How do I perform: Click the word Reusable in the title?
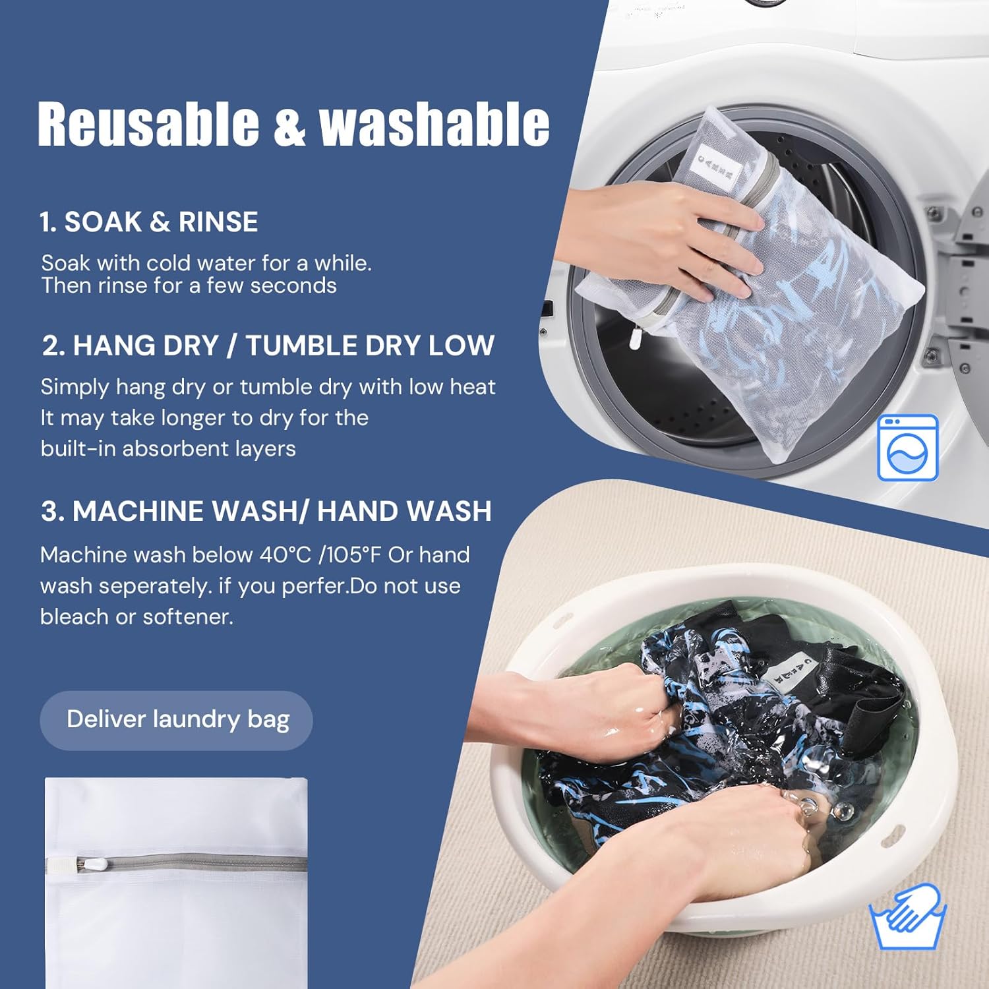point(148,124)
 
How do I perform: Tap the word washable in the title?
point(434,124)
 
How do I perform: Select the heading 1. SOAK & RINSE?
point(148,222)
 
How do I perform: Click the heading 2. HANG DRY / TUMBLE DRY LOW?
point(268,345)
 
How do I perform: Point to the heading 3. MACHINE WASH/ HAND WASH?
point(266,512)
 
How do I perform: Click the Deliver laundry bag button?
point(177,720)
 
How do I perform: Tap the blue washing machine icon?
point(907,448)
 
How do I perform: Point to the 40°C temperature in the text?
point(285,555)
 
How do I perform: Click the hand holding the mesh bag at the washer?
point(666,237)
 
